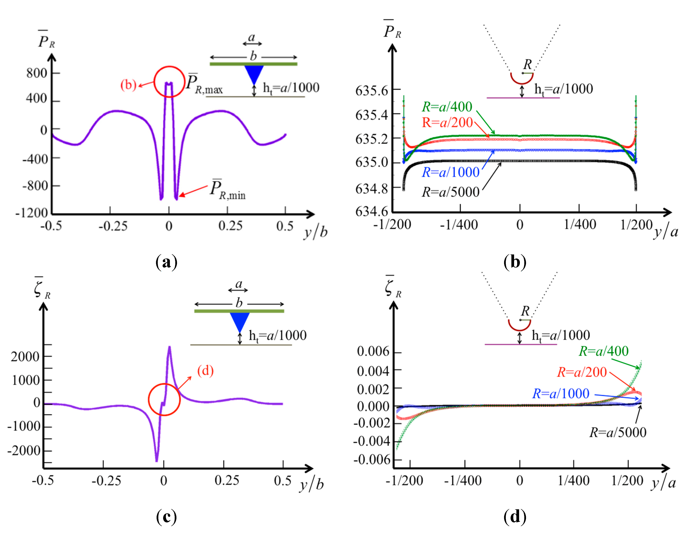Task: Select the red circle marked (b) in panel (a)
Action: [169, 82]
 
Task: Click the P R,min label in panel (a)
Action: [227, 190]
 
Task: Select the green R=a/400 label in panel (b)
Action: [447, 107]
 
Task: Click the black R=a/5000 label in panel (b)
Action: [451, 192]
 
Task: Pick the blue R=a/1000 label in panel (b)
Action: [451, 172]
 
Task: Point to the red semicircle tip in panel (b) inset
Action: [522, 79]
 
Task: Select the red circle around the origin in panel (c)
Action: [164, 399]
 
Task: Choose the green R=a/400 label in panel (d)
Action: [604, 351]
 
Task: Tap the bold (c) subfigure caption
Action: [166, 517]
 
